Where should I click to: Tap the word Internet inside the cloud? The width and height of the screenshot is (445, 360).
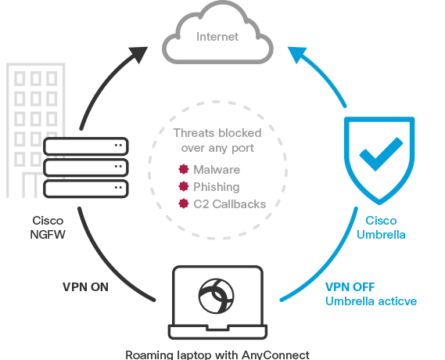[x=217, y=37]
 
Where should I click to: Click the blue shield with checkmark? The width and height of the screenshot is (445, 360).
[x=379, y=155]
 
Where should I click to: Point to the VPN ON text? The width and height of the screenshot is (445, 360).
[x=85, y=286]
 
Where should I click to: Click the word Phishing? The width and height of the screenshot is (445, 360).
[x=217, y=187]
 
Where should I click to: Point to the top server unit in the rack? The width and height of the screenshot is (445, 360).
[x=86, y=146]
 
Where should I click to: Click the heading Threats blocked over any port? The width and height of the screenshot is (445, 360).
[x=217, y=139]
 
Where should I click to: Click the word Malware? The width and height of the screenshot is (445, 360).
[x=217, y=170]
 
